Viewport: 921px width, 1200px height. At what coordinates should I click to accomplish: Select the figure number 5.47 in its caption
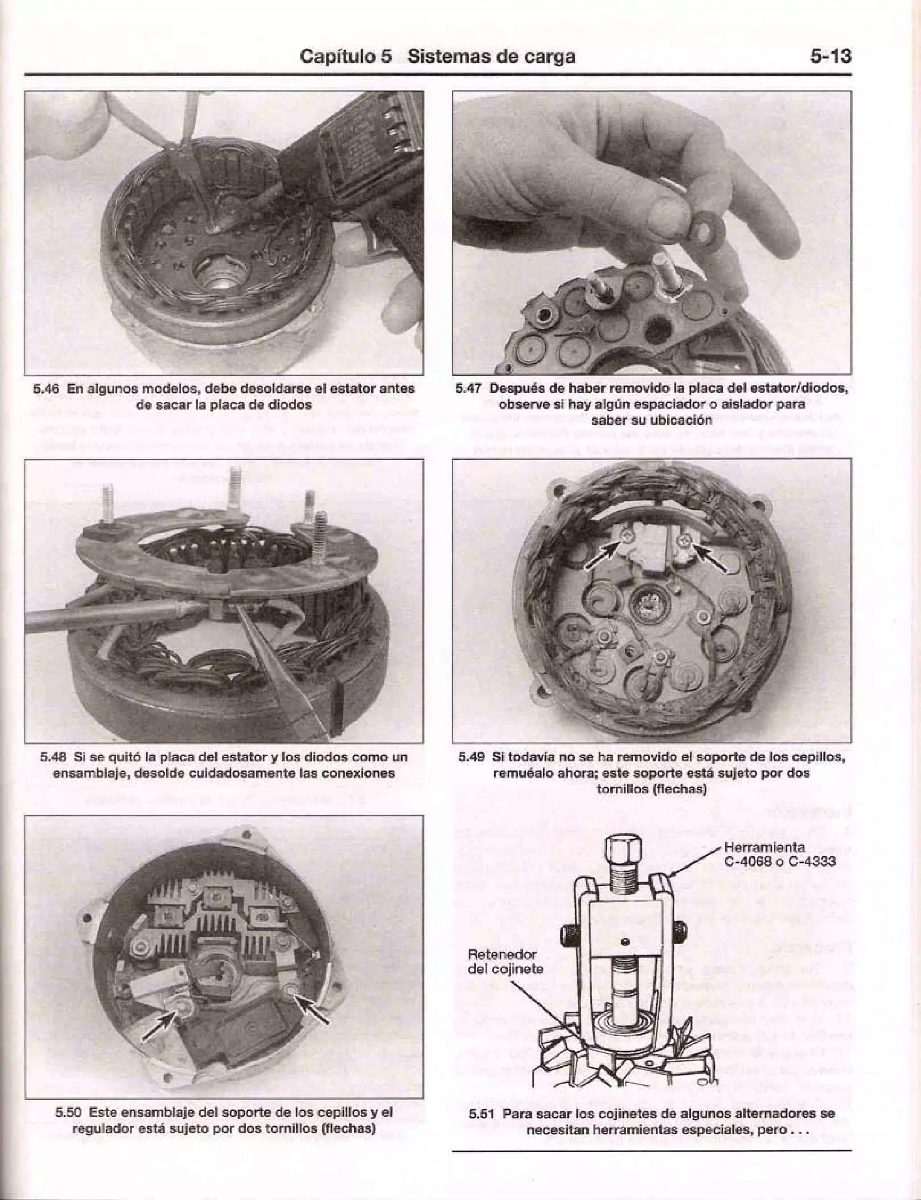coord(469,388)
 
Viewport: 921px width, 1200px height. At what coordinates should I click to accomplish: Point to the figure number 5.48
coord(53,757)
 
